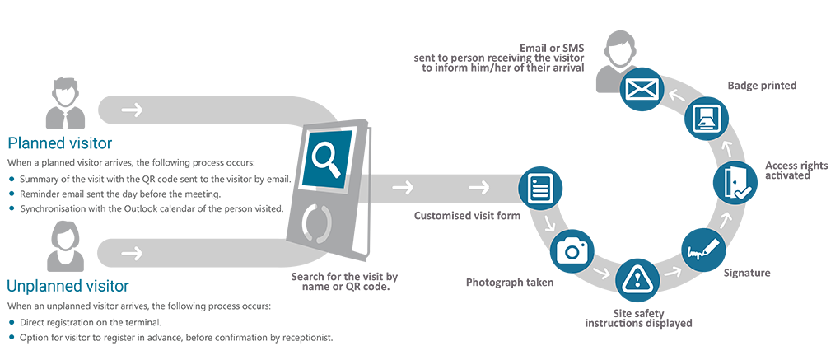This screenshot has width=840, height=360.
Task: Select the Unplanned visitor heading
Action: pos(68,287)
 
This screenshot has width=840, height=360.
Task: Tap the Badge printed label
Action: pos(762,86)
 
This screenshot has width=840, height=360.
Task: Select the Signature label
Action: pos(746,271)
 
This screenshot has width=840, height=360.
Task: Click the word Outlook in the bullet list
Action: pos(137,208)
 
